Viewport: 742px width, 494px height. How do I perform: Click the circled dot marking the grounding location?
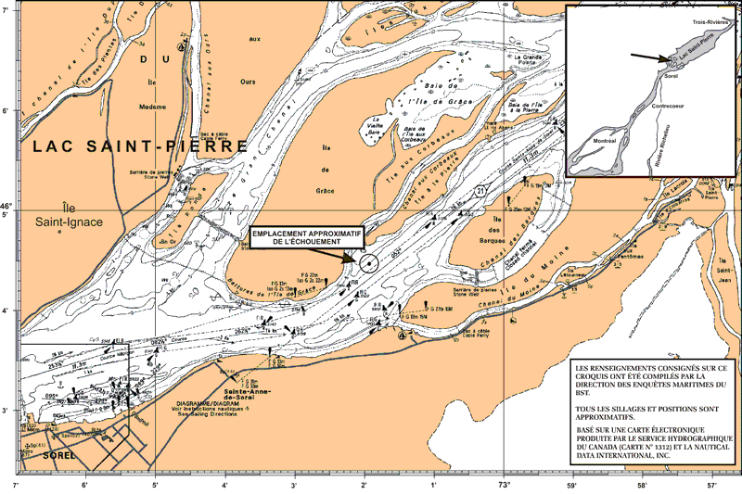point(368,263)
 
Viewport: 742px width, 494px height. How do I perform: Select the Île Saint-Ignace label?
point(57,215)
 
